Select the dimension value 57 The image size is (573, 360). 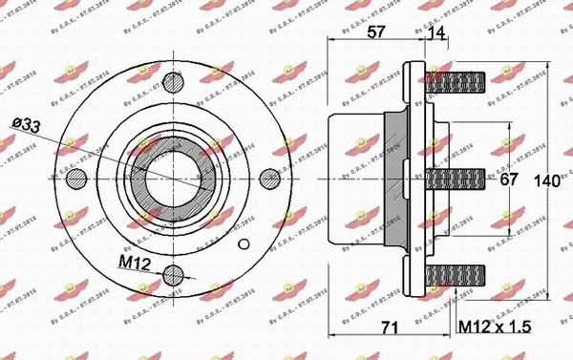coord(376,31)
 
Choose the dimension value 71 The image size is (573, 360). coord(387,329)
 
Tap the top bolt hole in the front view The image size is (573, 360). coord(173,83)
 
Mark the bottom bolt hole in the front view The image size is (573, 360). coord(173,276)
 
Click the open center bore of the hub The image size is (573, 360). coord(173,179)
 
